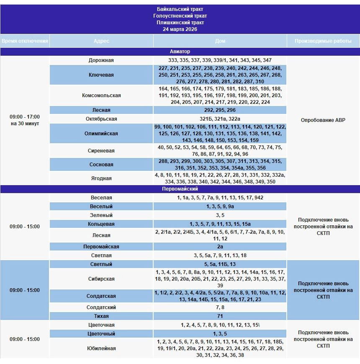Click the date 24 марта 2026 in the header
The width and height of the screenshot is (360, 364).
pos(180,29)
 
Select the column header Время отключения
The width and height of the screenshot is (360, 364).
pos(25,41)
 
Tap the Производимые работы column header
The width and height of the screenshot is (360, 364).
pos(323,41)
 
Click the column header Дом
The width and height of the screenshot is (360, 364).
pos(220,41)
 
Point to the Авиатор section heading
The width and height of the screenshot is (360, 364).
pos(180,52)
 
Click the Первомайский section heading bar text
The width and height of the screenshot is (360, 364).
pos(180,189)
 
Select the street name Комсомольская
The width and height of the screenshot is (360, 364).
pos(101,96)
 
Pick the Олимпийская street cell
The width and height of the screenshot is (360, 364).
pos(101,134)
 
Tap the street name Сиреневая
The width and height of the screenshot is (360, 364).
pos(101,151)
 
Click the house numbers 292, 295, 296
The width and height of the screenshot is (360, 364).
pos(220,110)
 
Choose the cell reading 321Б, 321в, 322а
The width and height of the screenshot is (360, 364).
pos(220,119)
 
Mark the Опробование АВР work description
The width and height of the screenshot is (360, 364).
pos(323,120)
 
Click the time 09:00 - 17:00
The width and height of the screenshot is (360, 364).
pos(25,117)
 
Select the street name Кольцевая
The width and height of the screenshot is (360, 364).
pos(101,224)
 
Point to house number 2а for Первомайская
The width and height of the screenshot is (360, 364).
pos(220,247)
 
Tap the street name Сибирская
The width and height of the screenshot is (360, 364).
pos(101,279)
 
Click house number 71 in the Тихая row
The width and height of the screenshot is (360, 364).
pos(220,316)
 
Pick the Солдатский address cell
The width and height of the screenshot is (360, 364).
pos(101,307)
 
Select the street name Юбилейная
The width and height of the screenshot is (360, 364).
pos(101,349)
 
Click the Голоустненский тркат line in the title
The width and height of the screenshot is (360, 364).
pos(180,16)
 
